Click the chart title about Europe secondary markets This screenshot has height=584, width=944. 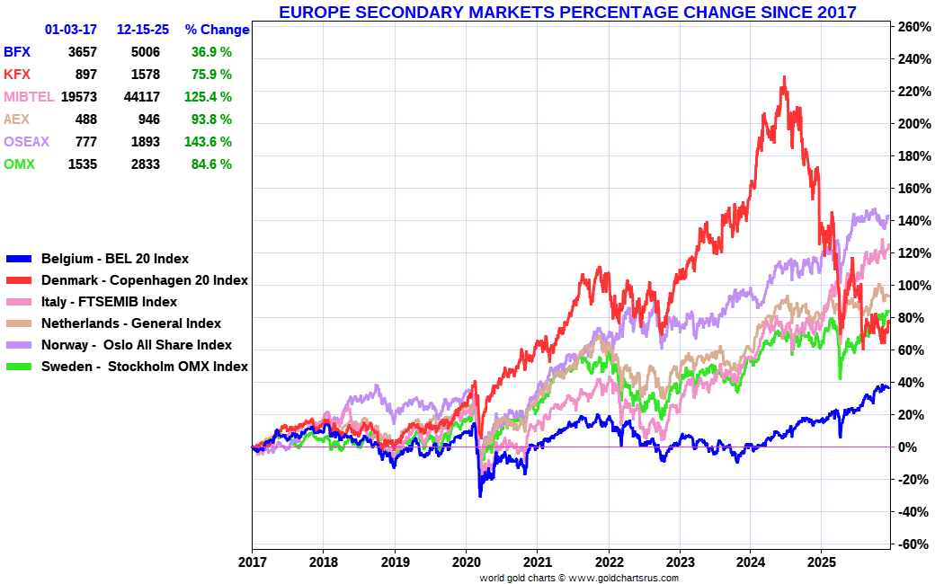click(x=567, y=12)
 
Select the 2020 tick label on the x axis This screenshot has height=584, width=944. click(x=467, y=562)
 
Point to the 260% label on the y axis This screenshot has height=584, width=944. click(x=915, y=26)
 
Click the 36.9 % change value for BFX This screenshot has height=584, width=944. click(x=211, y=52)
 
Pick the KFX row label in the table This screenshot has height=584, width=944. click(x=17, y=75)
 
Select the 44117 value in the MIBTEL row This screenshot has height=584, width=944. click(x=142, y=97)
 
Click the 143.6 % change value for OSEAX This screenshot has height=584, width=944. click(x=208, y=142)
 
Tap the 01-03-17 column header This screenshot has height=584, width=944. click(x=71, y=30)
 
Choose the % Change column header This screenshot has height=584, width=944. click(x=217, y=30)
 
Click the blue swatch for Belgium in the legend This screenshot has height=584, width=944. click(x=19, y=260)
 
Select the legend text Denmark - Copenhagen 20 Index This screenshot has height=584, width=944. click(x=145, y=280)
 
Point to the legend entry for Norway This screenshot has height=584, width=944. click(x=137, y=345)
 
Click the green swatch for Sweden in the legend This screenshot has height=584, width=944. click(x=19, y=367)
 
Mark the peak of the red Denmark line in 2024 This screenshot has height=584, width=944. click(x=784, y=77)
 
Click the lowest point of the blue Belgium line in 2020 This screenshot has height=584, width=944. click(x=480, y=496)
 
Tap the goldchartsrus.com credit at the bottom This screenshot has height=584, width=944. click(x=579, y=578)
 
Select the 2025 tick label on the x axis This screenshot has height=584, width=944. click(x=822, y=562)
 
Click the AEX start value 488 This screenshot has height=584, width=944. click(x=86, y=119)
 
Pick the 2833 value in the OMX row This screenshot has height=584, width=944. click(x=146, y=164)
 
